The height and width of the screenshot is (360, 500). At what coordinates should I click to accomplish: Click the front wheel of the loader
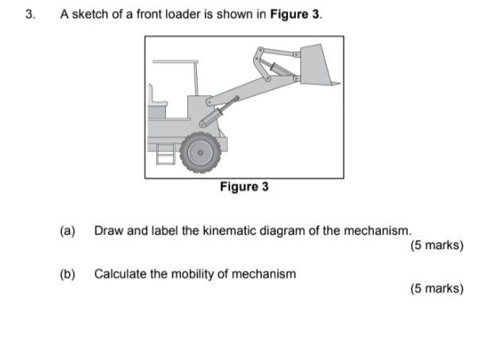pyautogui.click(x=200, y=152)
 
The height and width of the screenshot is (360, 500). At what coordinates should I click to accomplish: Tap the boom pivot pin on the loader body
pyautogui.click(x=209, y=101)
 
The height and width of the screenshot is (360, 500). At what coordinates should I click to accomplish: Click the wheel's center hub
pyautogui.click(x=200, y=152)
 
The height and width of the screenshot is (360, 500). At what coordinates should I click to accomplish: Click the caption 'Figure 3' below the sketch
pyautogui.click(x=244, y=187)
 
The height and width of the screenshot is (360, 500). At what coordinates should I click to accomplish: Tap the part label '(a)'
pyautogui.click(x=67, y=231)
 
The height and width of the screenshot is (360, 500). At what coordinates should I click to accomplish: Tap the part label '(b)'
pyautogui.click(x=67, y=274)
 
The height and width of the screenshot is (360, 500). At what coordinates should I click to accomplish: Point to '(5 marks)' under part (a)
pyautogui.click(x=437, y=245)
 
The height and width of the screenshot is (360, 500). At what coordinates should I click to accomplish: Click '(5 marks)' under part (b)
pyautogui.click(x=437, y=288)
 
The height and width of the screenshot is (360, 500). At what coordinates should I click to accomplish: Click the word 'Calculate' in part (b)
pyautogui.click(x=120, y=274)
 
